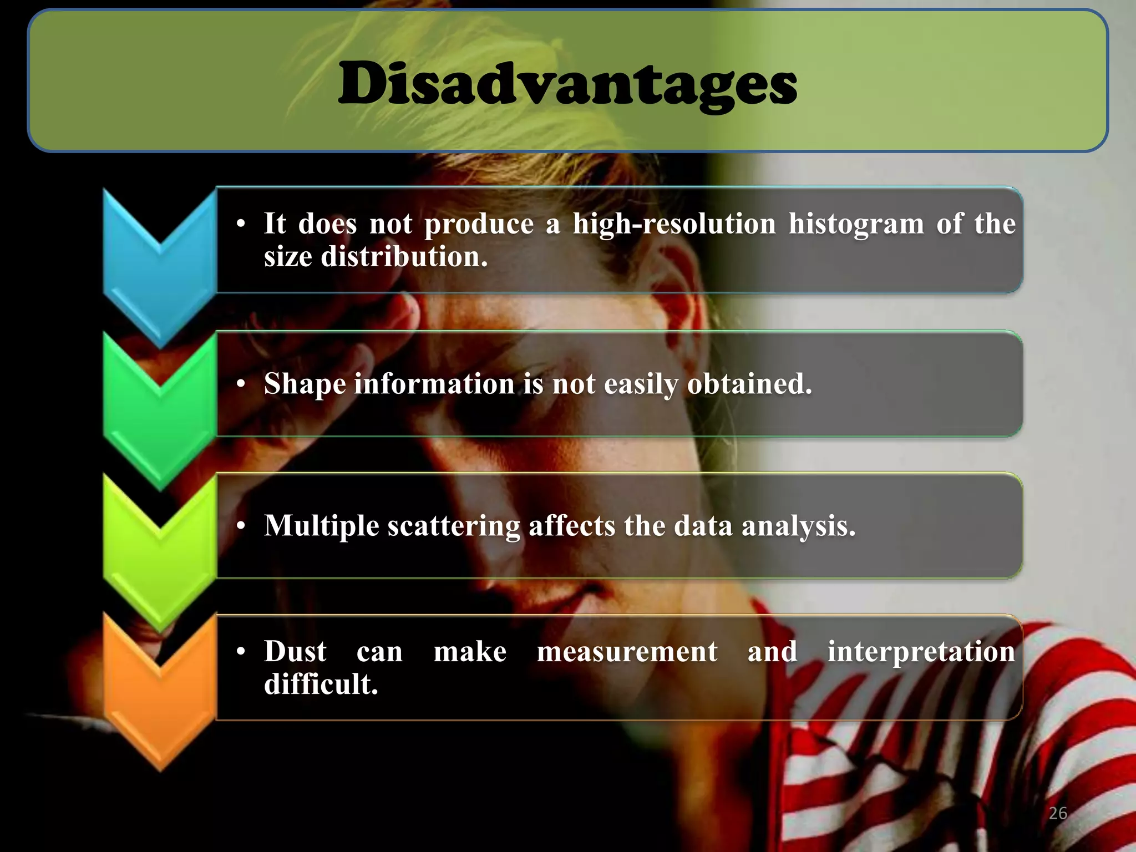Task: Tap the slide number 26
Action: pyautogui.click(x=1058, y=813)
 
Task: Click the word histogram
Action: pyautogui.click(x=856, y=225)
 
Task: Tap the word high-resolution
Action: pyautogui.click(x=674, y=225)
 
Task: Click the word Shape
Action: pyautogui.click(x=305, y=384)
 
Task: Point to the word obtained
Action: pyautogui.click(x=749, y=384)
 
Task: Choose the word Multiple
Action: pyautogui.click(x=321, y=526)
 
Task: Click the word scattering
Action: pyautogui.click(x=453, y=526)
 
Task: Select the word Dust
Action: pyautogui.click(x=295, y=651)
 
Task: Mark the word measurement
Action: pyautogui.click(x=627, y=651)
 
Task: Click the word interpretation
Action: pyautogui.click(x=921, y=652)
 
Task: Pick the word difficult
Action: pyautogui.click(x=321, y=684)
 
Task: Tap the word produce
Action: pyautogui.click(x=479, y=225)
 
